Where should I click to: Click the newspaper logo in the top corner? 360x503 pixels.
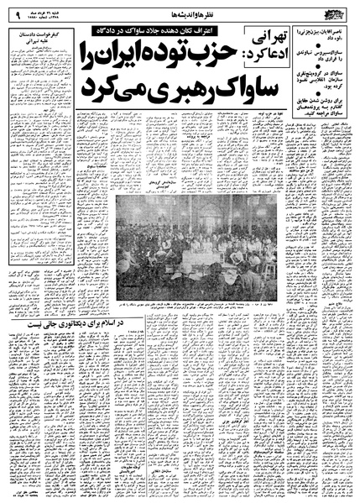[338, 11]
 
